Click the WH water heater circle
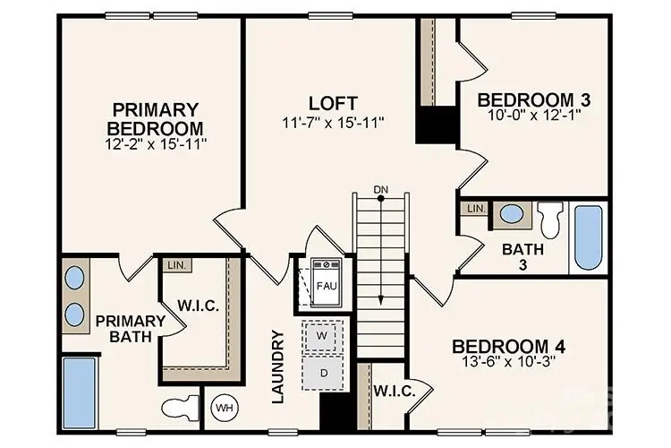[223, 409]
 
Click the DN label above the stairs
[381, 189]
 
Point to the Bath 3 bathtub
[588, 237]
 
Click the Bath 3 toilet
[549, 217]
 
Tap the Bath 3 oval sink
[512, 214]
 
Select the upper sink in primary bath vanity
[76, 278]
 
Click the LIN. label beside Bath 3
[474, 209]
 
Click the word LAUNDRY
[277, 366]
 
